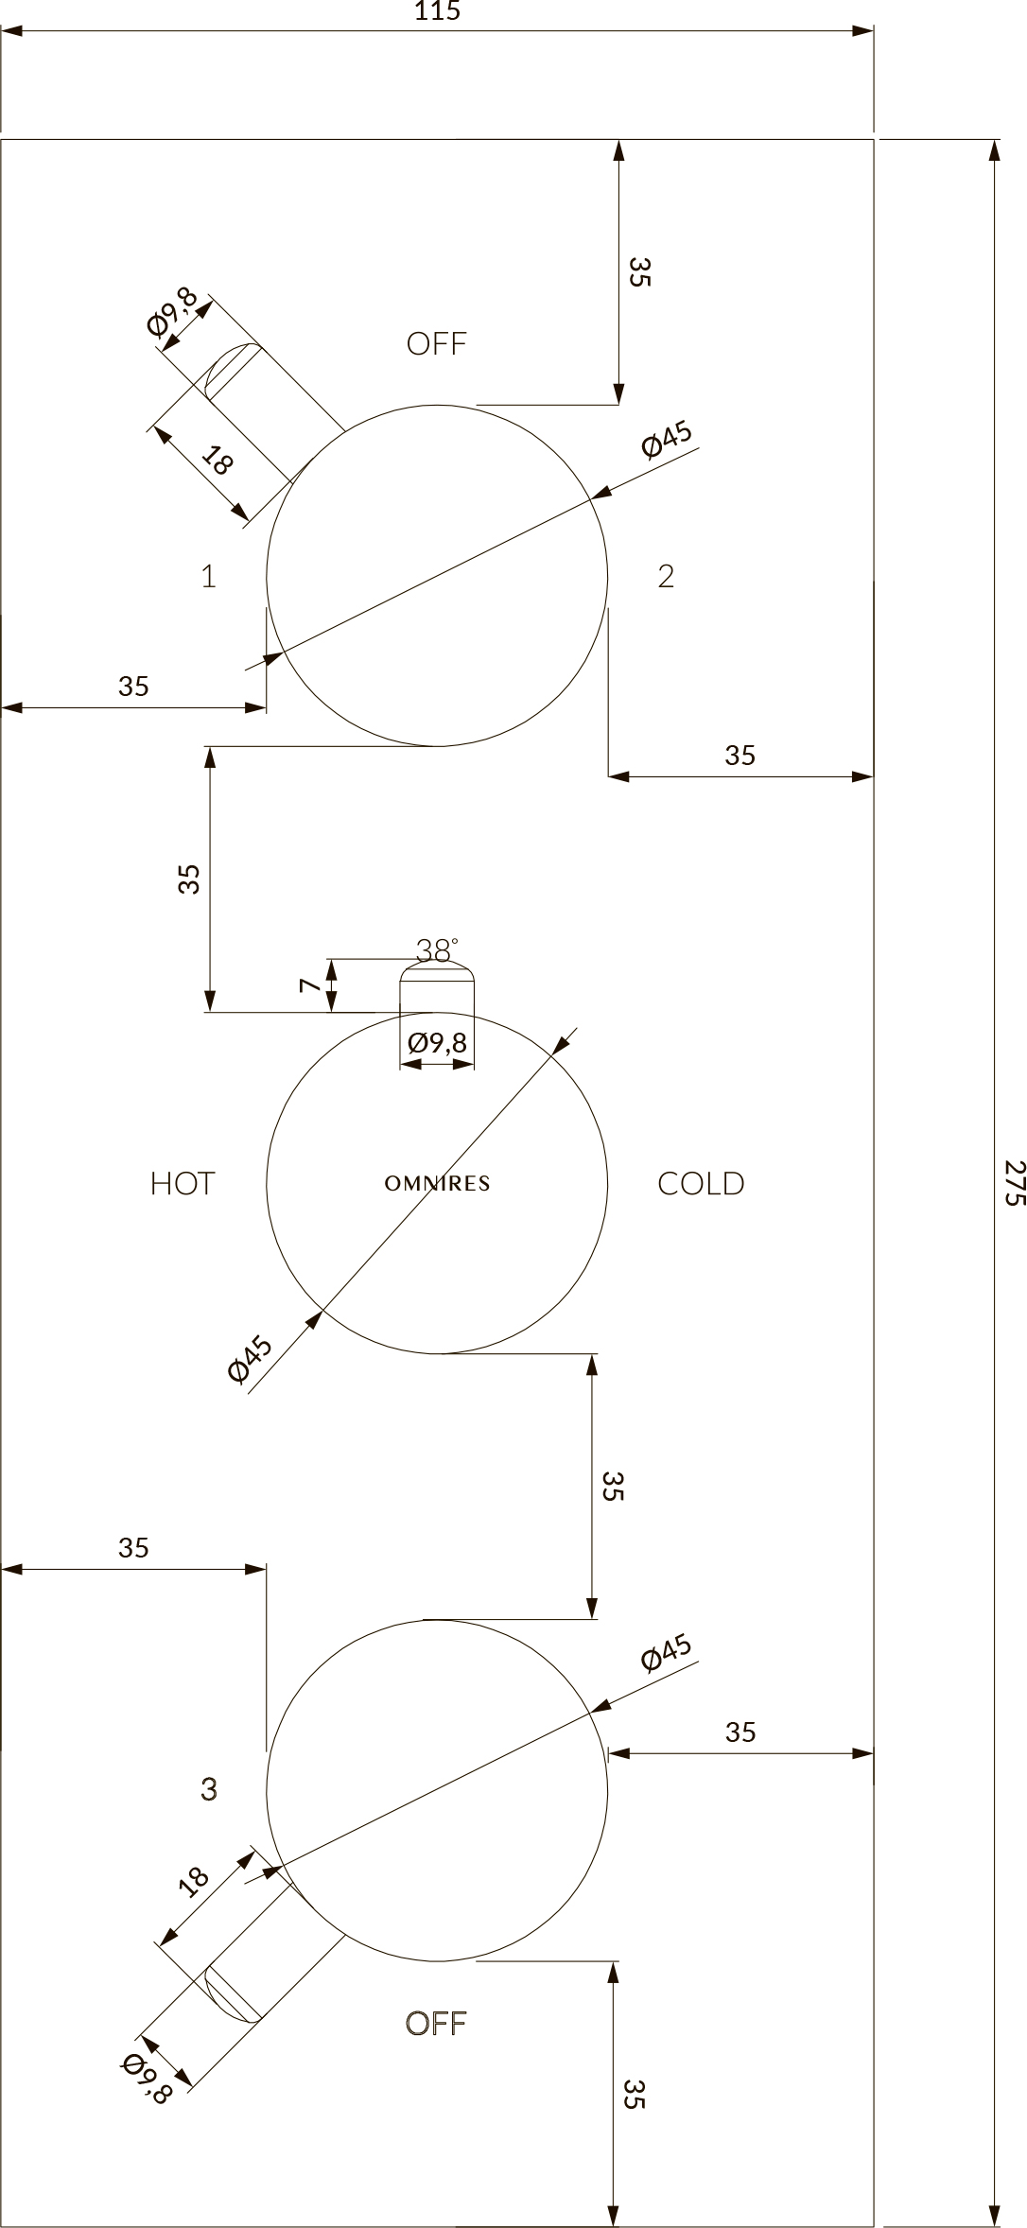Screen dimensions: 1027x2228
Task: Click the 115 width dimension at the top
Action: coord(437,11)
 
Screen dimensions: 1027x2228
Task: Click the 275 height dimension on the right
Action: coord(1014,1182)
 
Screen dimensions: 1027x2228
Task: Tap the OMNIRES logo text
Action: coord(437,1183)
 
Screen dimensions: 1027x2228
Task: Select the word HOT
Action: coord(183,1183)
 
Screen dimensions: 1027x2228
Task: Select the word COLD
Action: coord(701,1183)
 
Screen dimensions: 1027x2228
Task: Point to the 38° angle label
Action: coord(437,949)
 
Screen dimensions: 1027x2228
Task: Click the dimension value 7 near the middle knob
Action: coord(308,985)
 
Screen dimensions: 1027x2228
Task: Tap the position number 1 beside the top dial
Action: coord(209,576)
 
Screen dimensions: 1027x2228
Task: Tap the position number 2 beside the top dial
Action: coord(666,576)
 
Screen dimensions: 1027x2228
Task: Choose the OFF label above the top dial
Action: coord(437,343)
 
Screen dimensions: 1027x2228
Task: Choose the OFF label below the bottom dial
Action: coord(436,2023)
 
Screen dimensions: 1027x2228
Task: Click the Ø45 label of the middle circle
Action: coord(251,1358)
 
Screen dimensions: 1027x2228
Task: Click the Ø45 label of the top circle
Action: coord(667,439)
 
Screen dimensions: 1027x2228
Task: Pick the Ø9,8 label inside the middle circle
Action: coord(437,1043)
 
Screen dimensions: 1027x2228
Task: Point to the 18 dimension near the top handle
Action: coord(218,461)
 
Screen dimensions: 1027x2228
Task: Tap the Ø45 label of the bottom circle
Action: coord(667,1651)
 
